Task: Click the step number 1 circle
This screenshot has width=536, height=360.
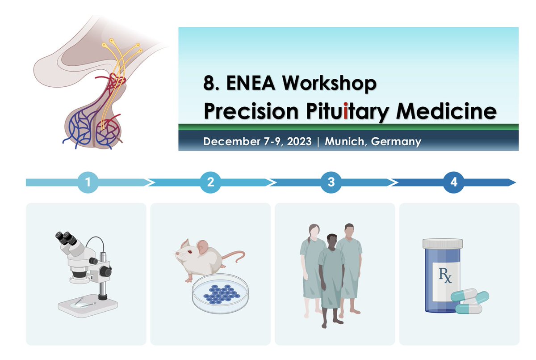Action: (88, 182)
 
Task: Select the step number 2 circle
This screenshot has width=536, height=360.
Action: (210, 182)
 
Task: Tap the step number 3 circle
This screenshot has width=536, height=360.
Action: (331, 182)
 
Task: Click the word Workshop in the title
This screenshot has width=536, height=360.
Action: (329, 84)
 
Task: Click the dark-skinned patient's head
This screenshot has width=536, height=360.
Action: (332, 241)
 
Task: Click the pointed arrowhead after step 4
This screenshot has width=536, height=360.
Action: (512, 182)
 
